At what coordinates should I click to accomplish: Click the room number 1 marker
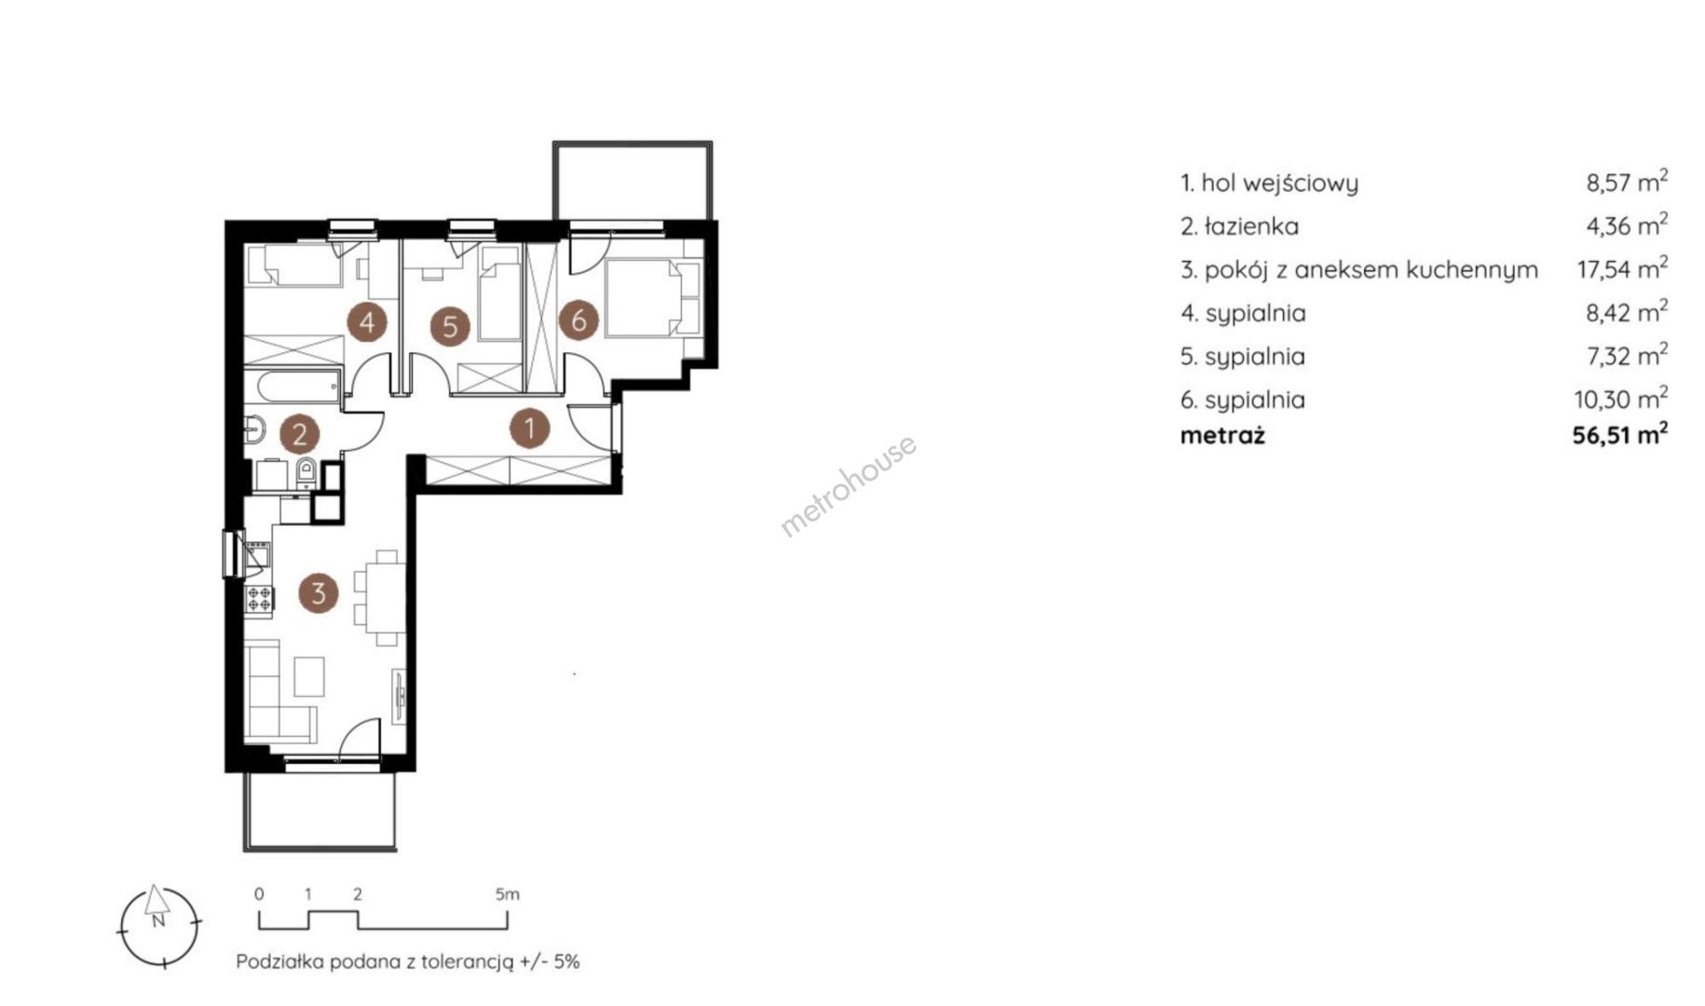pos(529,428)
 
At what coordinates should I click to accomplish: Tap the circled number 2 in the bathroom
pos(300,434)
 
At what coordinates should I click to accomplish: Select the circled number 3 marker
pos(319,592)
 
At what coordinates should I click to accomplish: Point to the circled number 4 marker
pos(367,322)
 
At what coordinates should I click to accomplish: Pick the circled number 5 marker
pos(451,327)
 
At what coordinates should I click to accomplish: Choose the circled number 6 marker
pos(579,320)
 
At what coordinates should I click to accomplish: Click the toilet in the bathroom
pos(306,473)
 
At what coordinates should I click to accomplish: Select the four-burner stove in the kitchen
pos(259,599)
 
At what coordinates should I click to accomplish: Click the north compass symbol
pos(158,925)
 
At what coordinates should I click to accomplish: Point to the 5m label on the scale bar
pos(507,894)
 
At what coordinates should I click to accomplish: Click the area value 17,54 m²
pos(1622,268)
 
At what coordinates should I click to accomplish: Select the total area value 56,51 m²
pos(1620,434)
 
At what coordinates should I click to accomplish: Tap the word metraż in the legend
pos(1222,435)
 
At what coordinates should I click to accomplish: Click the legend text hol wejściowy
pos(1279,184)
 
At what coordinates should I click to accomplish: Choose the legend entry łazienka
pos(1251,226)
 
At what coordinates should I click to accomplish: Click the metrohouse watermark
pos(848,486)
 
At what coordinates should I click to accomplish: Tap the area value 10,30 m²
pos(1621,399)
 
